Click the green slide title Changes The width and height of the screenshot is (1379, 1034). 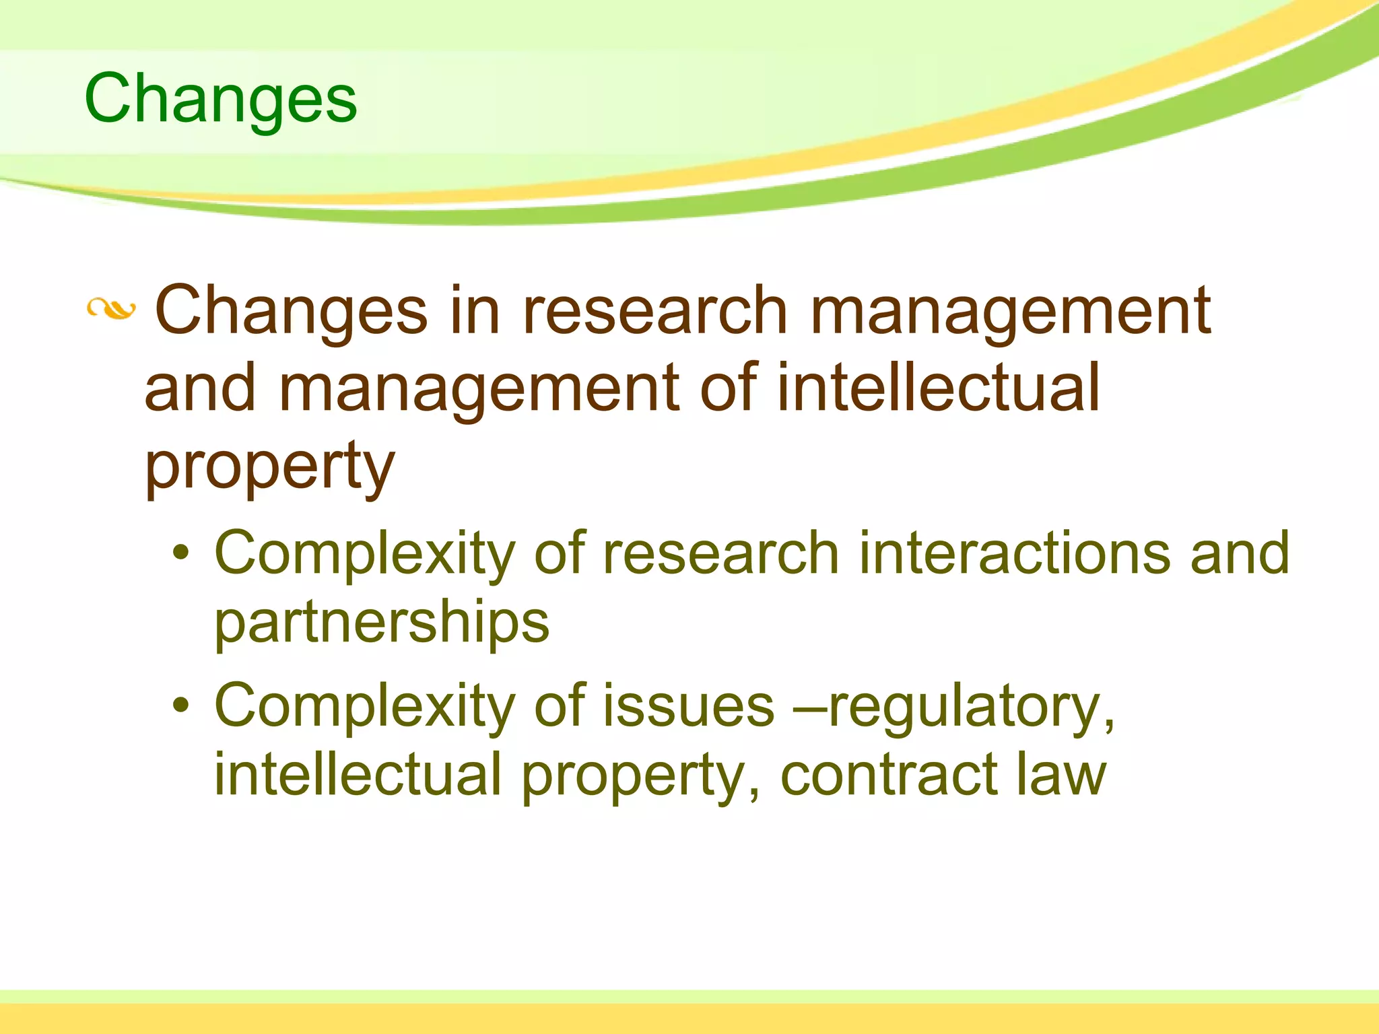pyautogui.click(x=220, y=100)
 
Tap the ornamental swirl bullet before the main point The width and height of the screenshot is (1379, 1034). pyautogui.click(x=111, y=310)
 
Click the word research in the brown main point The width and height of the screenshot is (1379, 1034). pyautogui.click(x=654, y=310)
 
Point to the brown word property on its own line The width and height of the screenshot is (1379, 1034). pyautogui.click(x=269, y=467)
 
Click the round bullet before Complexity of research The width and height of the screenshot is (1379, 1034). pyautogui.click(x=180, y=553)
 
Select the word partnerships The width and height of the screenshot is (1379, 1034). pyautogui.click(x=382, y=623)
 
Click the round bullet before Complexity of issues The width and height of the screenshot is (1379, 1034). pyautogui.click(x=180, y=705)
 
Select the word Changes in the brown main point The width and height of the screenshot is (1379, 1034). pyautogui.click(x=292, y=311)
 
